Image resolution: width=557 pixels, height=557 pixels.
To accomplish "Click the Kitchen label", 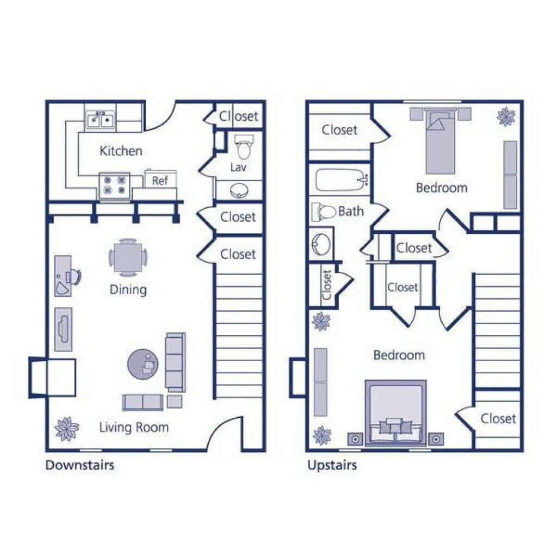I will (x=121, y=151).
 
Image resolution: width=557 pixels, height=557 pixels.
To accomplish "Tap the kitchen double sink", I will (x=100, y=119).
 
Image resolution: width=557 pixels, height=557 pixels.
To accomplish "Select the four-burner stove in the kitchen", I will (x=114, y=185).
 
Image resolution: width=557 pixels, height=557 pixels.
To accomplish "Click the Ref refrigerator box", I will (x=159, y=181).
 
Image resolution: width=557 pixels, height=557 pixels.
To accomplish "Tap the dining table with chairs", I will (x=128, y=257).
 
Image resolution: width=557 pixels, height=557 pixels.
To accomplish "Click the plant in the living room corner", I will (x=66, y=429).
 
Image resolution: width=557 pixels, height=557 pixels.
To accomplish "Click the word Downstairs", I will (x=79, y=465).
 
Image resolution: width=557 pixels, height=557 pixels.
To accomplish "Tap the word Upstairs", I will (x=332, y=465).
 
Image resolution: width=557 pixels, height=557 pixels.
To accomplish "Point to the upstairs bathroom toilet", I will (x=324, y=212).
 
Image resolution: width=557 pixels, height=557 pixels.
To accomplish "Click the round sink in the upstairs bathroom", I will (x=321, y=244).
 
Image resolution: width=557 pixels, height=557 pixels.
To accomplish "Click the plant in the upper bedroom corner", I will (x=506, y=115).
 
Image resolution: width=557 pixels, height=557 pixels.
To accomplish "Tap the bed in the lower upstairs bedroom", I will (x=395, y=412).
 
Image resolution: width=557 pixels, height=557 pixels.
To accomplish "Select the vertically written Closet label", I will (x=326, y=284).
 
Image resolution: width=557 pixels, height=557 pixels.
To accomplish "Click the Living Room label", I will (x=134, y=428).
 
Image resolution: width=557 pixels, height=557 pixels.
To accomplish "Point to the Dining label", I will (x=128, y=289).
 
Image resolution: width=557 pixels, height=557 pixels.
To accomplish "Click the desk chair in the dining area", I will (x=75, y=277).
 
